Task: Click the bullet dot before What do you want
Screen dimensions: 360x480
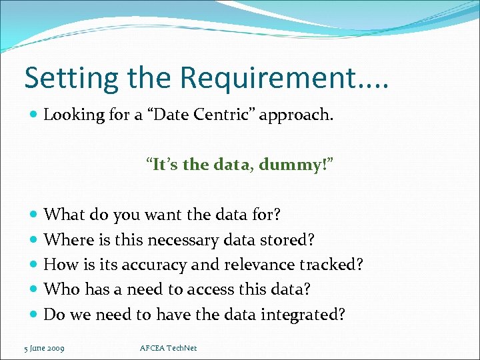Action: point(35,215)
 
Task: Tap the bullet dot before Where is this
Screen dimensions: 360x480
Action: point(35,240)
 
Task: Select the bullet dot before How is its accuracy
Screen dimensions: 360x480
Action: point(35,265)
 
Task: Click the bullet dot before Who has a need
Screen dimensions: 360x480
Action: point(35,289)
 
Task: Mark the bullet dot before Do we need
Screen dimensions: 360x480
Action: point(35,315)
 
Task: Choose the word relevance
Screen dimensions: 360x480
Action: point(255,265)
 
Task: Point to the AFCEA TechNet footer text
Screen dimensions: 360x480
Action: point(169,348)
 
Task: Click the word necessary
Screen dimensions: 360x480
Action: point(181,240)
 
